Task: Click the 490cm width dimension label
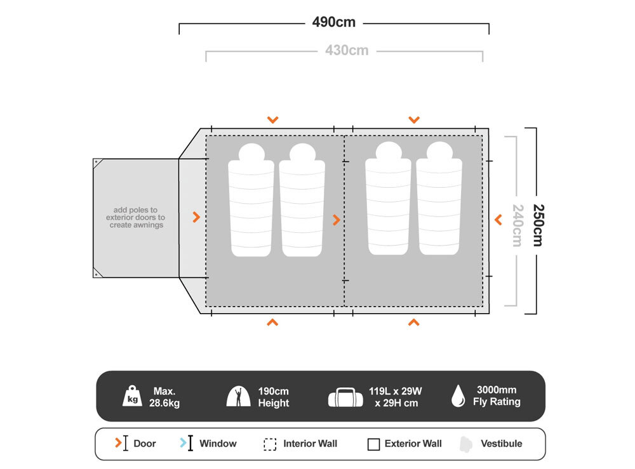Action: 333,23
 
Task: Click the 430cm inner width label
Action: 346,50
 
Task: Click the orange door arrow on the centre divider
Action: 337,220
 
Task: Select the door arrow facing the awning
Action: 196,218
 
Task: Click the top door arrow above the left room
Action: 272,119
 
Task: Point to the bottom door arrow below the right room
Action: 413,322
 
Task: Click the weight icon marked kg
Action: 133,397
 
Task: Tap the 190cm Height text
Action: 273,397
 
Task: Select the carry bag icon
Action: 345,397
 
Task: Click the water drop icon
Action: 458,396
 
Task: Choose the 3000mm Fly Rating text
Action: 497,396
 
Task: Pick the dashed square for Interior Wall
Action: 270,444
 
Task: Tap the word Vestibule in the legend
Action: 501,444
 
